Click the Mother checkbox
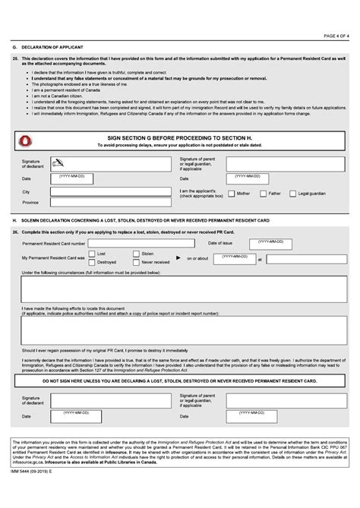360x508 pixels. [x=231, y=193]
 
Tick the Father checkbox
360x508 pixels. [x=263, y=193]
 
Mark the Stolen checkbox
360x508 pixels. [x=136, y=253]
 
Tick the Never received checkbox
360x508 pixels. [x=136, y=261]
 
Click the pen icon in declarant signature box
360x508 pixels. [x=58, y=161]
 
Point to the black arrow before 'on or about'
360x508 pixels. [x=179, y=257]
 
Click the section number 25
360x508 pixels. [x=15, y=58]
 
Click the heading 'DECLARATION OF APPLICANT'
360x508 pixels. [x=52, y=47]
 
